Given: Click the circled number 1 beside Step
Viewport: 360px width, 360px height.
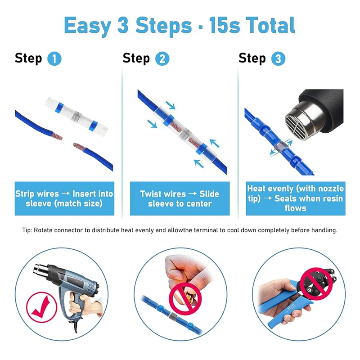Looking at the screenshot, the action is (x=54, y=59).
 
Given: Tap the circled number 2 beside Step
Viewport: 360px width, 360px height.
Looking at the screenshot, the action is (x=162, y=59).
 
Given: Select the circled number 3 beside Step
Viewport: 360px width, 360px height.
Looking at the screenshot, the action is (x=278, y=59).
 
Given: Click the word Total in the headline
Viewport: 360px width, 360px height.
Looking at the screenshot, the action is (x=270, y=25).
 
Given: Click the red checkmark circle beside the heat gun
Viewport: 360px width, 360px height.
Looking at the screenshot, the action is (x=41, y=307).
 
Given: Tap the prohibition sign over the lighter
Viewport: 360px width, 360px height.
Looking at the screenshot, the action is (x=185, y=298).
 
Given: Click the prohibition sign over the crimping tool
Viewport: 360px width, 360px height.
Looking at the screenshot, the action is (x=316, y=284).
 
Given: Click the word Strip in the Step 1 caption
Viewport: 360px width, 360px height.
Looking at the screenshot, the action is (x=24, y=194).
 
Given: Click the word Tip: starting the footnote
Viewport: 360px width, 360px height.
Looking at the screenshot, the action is (x=27, y=230).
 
